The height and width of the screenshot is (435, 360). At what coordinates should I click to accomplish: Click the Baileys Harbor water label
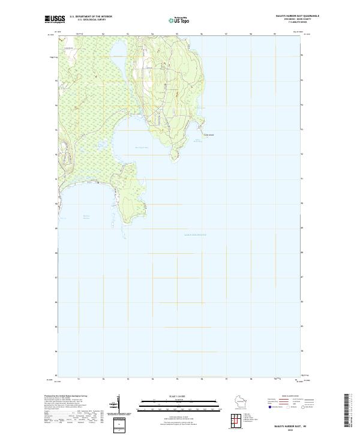click(88, 217)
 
